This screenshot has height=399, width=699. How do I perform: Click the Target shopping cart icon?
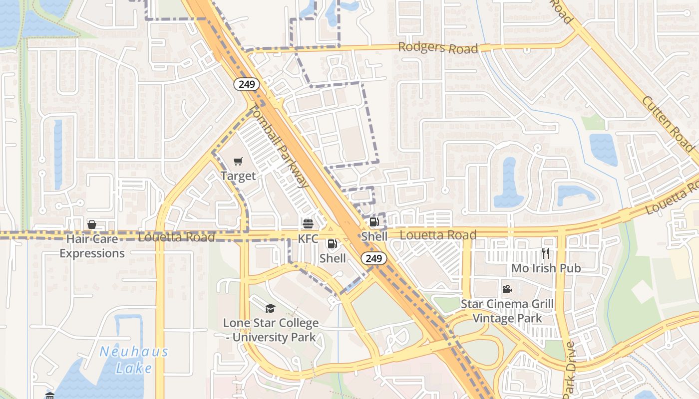click(238, 161)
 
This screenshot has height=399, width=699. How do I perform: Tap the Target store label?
click(238, 176)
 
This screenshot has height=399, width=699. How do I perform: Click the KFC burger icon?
click(308, 224)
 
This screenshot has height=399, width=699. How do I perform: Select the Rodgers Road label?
click(438, 47)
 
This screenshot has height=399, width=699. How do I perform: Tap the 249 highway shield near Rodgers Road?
click(247, 84)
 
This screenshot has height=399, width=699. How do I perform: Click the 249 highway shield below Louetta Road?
click(373, 258)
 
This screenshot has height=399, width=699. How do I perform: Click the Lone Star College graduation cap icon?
click(270, 308)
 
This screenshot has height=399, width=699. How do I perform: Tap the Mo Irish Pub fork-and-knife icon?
click(546, 253)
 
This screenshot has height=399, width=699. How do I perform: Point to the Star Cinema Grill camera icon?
click(507, 289)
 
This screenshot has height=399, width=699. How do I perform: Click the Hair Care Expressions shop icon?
click(92, 224)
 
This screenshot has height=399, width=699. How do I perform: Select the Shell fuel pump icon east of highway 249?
click(374, 222)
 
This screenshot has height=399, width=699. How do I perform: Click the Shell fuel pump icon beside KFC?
click(332, 244)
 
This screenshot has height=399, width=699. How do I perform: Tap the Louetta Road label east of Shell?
click(438, 234)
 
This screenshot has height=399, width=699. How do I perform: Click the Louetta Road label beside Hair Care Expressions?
click(176, 237)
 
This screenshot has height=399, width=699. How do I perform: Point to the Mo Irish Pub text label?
click(546, 268)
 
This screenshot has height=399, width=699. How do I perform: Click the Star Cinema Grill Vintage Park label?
click(507, 311)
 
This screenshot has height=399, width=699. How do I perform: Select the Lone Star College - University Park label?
click(270, 330)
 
